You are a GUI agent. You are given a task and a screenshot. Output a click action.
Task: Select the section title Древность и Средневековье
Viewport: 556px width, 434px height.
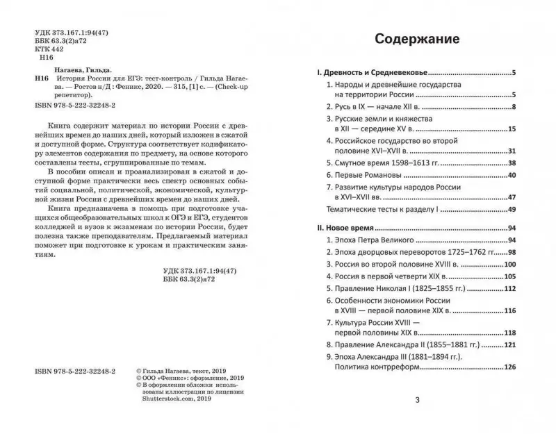(x=370, y=72)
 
